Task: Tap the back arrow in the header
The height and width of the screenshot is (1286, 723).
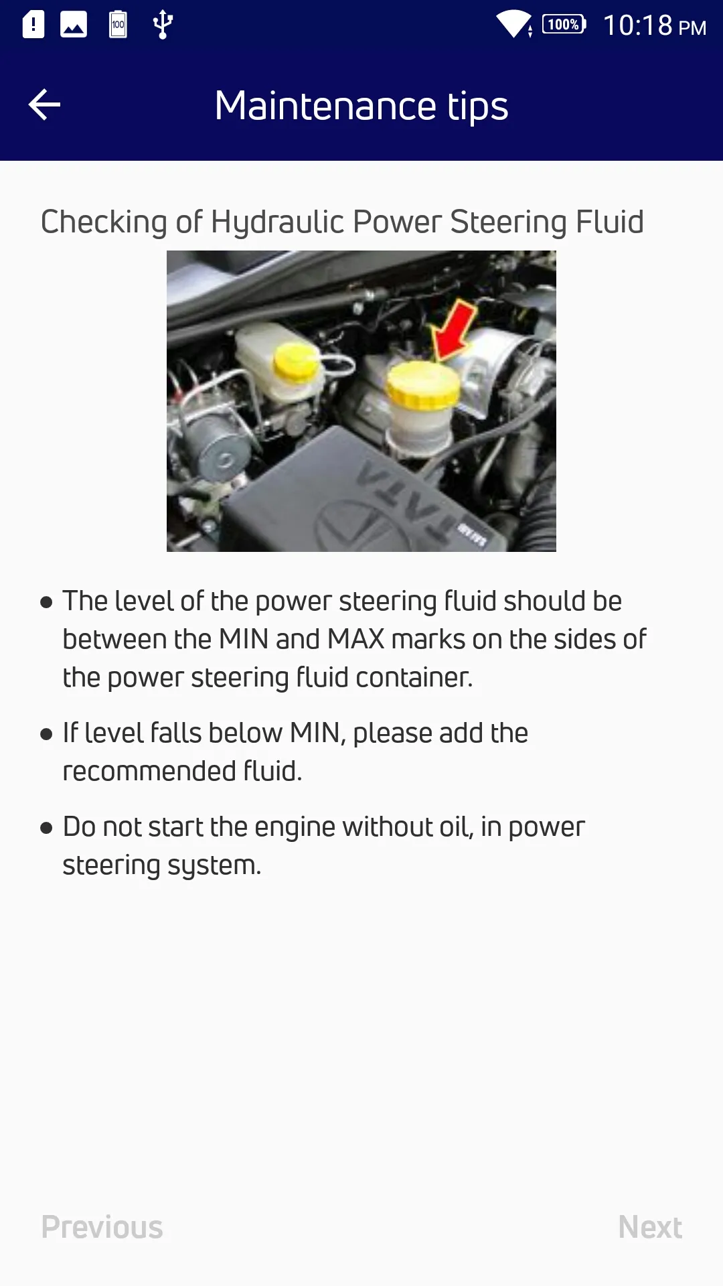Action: click(x=44, y=105)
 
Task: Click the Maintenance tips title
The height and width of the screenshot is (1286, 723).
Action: click(x=361, y=106)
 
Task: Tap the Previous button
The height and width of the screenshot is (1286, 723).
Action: click(x=102, y=1227)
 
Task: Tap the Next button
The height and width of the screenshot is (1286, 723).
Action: click(x=650, y=1227)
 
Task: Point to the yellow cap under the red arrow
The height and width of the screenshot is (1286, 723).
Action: click(x=423, y=385)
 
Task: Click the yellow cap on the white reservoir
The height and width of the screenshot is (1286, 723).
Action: click(x=296, y=362)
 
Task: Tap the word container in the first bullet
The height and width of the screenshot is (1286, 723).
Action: click(x=414, y=678)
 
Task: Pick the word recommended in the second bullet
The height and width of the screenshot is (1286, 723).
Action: click(x=149, y=772)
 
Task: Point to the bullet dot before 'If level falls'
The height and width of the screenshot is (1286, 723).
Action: click(x=46, y=735)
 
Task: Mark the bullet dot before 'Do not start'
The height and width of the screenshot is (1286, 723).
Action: click(x=46, y=829)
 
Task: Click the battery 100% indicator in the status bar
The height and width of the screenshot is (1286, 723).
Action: click(x=564, y=25)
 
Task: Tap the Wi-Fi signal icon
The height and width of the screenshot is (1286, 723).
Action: click(x=513, y=24)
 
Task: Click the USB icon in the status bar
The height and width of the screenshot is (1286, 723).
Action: click(x=163, y=25)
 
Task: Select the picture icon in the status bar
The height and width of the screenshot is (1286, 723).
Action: click(x=74, y=25)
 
